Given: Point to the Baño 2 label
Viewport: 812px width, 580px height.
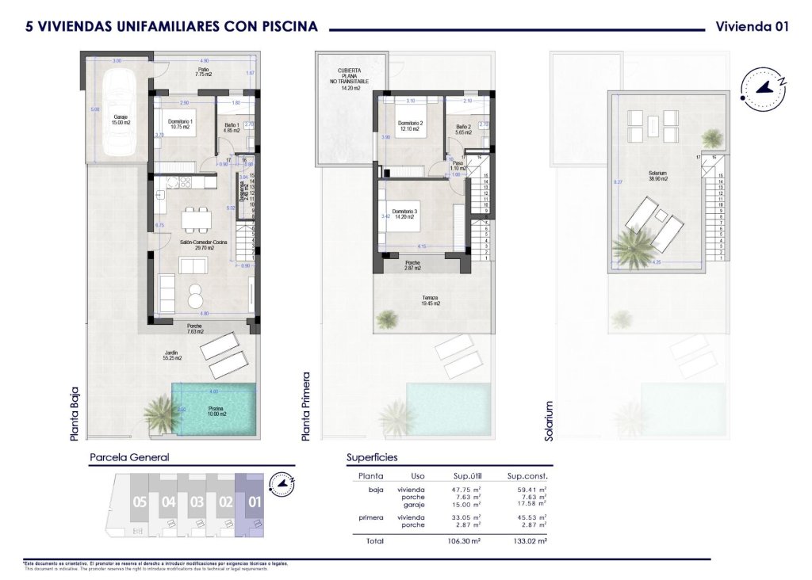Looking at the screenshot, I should [x=465, y=130].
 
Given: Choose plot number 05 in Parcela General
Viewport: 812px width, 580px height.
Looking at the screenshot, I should [x=140, y=502].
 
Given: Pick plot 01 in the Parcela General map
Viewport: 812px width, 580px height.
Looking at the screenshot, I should [x=255, y=502].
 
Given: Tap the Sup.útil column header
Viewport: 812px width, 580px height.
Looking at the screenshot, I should [x=468, y=476].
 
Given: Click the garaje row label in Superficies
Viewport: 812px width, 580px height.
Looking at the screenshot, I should [x=412, y=504].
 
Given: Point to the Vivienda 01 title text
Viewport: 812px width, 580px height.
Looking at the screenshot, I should [x=752, y=26].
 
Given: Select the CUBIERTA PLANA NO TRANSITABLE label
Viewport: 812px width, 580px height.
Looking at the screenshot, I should [x=350, y=78].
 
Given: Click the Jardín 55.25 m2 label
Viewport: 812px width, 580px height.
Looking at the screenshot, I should [x=173, y=356].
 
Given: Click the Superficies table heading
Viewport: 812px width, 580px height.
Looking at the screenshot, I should [x=372, y=458].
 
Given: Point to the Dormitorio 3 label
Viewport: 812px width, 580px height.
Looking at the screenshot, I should [x=404, y=215].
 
